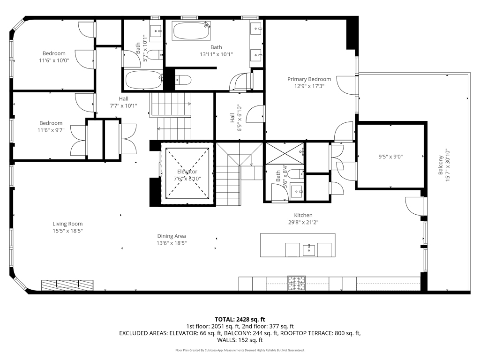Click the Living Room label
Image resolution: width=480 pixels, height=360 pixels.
(x=67, y=224)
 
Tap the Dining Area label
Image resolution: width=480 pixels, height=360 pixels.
(x=172, y=236)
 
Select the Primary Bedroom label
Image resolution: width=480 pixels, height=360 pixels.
(x=309, y=79)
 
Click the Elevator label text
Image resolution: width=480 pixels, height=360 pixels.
(x=187, y=172)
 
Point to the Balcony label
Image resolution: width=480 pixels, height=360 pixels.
(x=441, y=165)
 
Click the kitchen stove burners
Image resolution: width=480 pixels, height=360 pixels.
(x=296, y=283)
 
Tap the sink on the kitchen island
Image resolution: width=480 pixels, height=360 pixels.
(x=308, y=249)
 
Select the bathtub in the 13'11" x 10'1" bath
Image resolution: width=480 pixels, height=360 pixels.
(x=192, y=30)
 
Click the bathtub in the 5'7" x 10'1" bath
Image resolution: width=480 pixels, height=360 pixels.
(x=144, y=80)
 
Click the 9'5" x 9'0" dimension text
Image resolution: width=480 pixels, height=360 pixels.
(x=390, y=157)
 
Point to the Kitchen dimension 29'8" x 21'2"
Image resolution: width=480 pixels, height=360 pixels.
(x=303, y=222)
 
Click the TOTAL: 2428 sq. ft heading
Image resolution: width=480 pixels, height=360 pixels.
(x=240, y=319)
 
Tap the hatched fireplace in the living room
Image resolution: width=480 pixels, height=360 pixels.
(x=67, y=285)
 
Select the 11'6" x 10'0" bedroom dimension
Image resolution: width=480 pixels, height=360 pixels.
(x=54, y=60)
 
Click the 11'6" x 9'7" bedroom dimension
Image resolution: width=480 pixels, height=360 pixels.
(x=51, y=130)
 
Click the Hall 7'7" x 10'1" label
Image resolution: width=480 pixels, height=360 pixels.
(x=124, y=102)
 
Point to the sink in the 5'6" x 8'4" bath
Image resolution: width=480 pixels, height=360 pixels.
(x=297, y=191)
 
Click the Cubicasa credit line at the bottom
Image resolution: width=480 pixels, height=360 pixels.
(x=240, y=350)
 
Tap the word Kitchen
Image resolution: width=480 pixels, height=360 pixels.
(x=303, y=215)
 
